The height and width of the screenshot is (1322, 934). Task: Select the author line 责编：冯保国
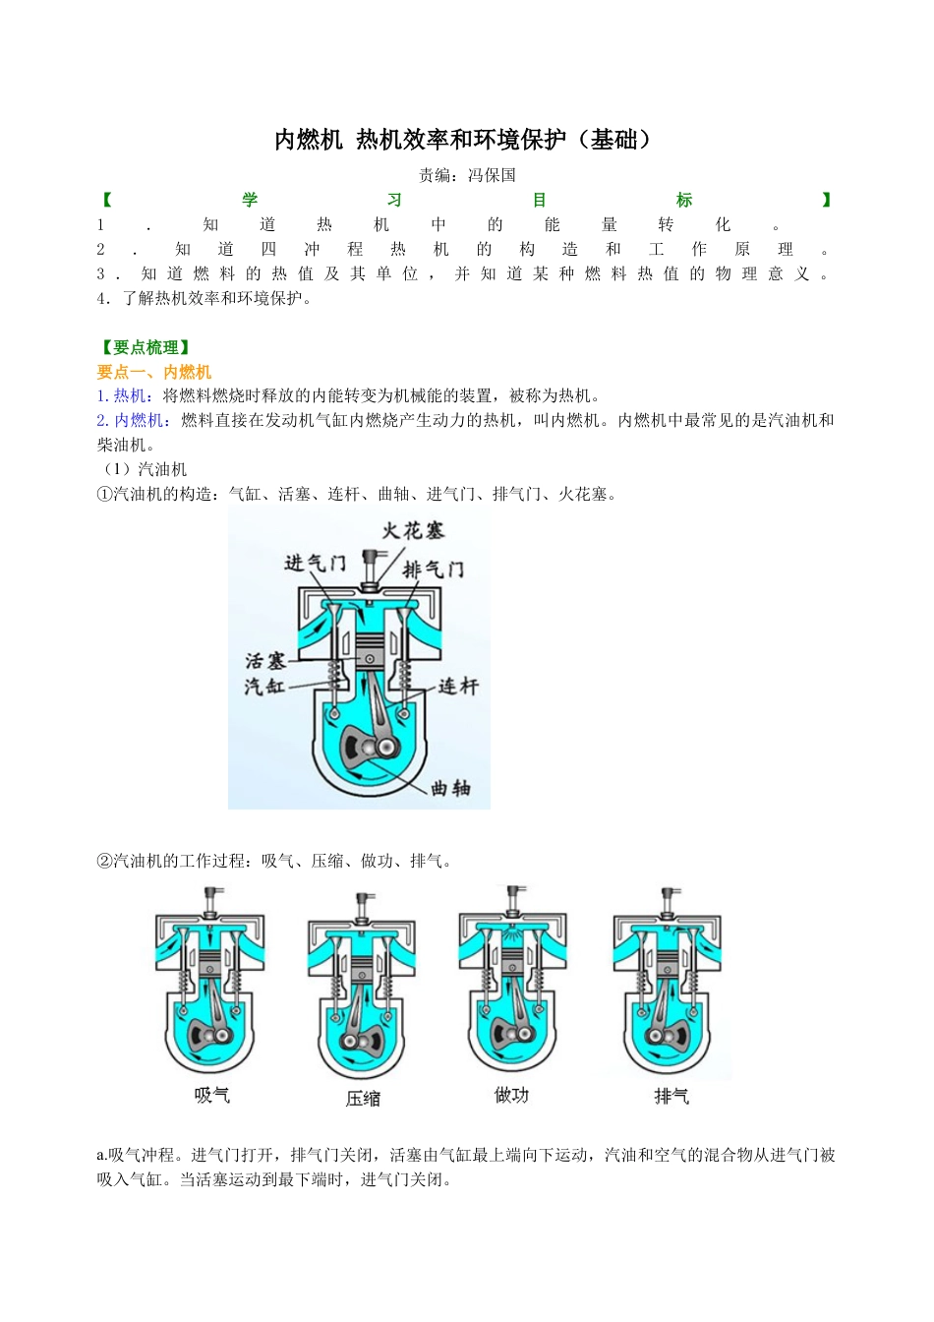pyautogui.click(x=467, y=175)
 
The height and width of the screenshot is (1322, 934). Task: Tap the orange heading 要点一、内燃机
pyautogui.click(x=154, y=372)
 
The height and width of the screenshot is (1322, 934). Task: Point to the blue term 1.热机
pyautogui.click(x=122, y=396)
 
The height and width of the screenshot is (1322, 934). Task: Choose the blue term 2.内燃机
pyautogui.click(x=130, y=421)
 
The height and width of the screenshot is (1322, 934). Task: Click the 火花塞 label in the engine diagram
pyautogui.click(x=413, y=531)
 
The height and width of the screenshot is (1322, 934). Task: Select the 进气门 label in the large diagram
pyautogui.click(x=315, y=563)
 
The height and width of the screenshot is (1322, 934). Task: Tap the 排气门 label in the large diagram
pyautogui.click(x=433, y=569)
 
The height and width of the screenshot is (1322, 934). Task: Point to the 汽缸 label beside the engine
pyautogui.click(x=264, y=686)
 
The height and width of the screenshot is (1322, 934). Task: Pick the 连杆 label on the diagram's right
pyautogui.click(x=457, y=686)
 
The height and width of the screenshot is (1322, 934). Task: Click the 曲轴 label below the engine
pyautogui.click(x=450, y=788)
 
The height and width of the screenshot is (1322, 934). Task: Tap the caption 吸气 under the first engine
pyautogui.click(x=211, y=1095)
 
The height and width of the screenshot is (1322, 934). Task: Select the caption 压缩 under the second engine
pyautogui.click(x=363, y=1099)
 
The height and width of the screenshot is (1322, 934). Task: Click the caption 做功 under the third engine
pyautogui.click(x=511, y=1095)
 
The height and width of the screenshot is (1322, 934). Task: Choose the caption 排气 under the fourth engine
pyautogui.click(x=671, y=1096)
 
